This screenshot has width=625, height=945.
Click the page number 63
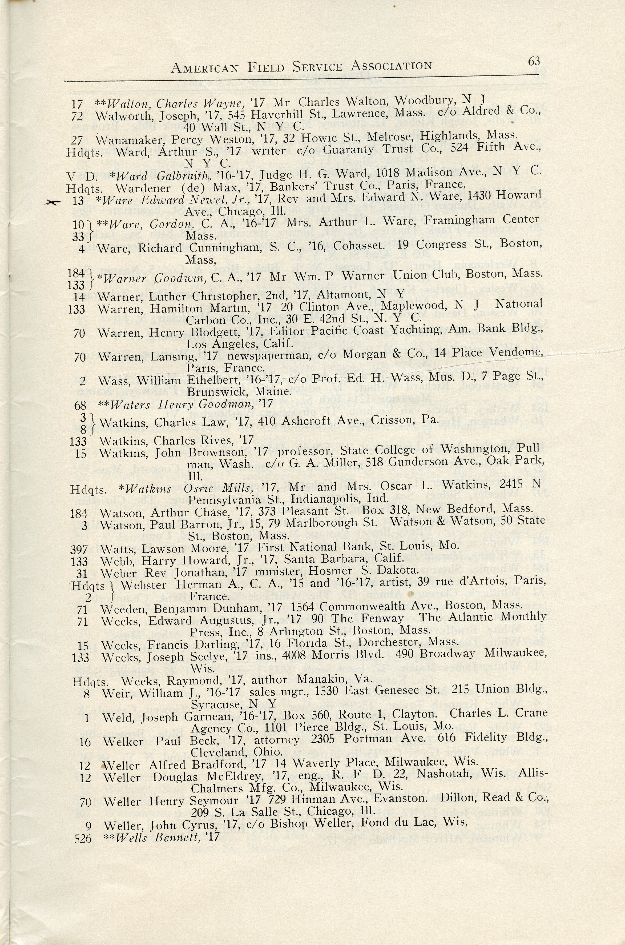coord(534,61)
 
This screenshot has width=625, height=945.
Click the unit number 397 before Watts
coord(79,550)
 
